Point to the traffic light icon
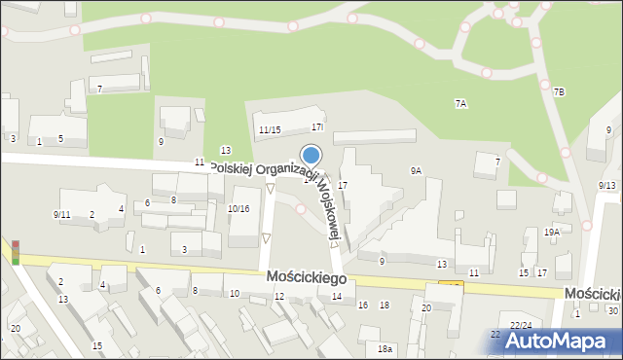[15, 252]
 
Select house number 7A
[461, 103]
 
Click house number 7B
[559, 91]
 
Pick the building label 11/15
[270, 130]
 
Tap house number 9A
[416, 171]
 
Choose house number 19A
[552, 233]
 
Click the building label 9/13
[607, 185]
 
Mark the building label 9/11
[61, 214]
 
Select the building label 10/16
[238, 209]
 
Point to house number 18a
[385, 348]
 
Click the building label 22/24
[521, 325]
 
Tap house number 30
[612, 310]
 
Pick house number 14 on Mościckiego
[337, 297]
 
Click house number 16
[363, 306]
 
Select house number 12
[279, 297]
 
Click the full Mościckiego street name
[307, 278]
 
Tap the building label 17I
[317, 127]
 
